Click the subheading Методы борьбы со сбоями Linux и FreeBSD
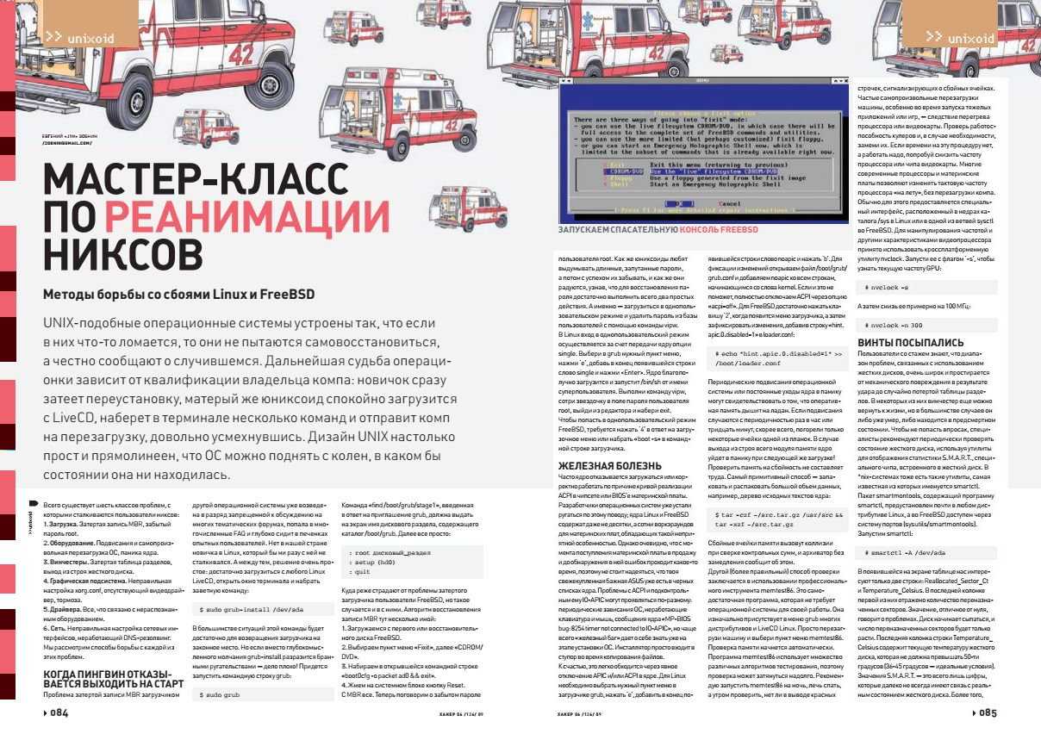point(178,294)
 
